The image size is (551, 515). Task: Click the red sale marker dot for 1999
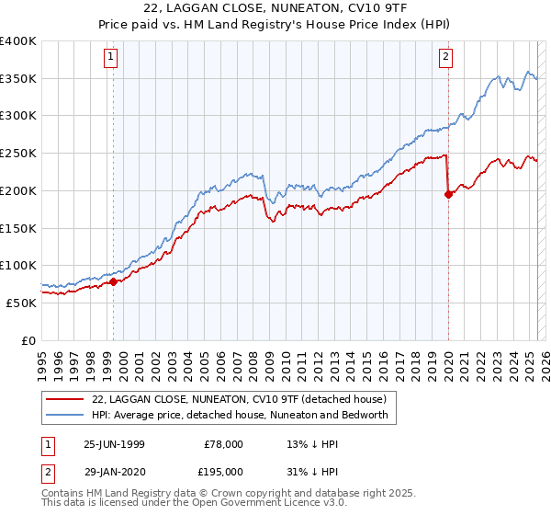[x=114, y=281]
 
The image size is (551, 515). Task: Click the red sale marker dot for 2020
[x=448, y=194]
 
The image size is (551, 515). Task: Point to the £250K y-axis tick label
[x=18, y=153]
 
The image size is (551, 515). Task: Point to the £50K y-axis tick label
[x=22, y=302]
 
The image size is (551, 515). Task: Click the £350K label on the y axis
[x=18, y=78]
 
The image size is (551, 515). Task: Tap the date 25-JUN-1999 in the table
[x=114, y=444]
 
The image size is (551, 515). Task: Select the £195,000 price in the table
[x=223, y=471]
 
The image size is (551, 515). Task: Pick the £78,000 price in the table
[x=223, y=444]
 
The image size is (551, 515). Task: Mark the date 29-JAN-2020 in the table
[x=114, y=471]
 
